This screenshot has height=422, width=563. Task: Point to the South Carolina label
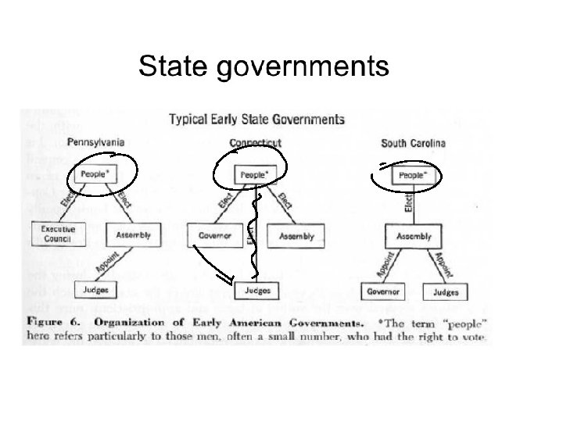(413, 143)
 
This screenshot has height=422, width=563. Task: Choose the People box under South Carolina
(414, 176)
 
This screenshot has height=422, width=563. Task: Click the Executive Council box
(57, 234)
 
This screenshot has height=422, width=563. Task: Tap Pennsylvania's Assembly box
(134, 234)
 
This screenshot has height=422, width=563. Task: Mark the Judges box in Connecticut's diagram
(258, 291)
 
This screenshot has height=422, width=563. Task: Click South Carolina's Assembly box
(414, 235)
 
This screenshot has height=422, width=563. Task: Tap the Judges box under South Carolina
(442, 292)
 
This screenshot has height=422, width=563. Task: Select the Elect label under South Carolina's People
(408, 204)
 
